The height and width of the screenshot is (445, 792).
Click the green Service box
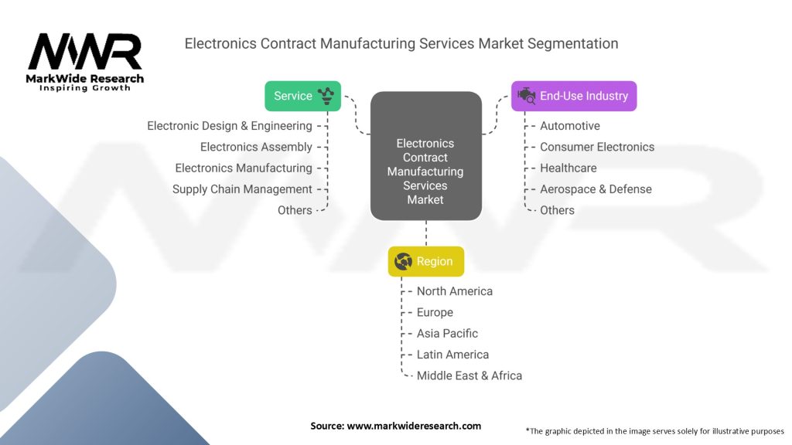[x=302, y=96]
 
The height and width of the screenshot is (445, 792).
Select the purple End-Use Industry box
[x=574, y=96]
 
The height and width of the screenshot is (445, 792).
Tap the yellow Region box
[x=426, y=261]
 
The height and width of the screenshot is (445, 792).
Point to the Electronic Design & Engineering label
[x=230, y=126]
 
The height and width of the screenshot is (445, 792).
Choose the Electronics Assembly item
[x=256, y=147]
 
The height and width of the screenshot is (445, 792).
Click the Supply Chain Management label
[x=242, y=189]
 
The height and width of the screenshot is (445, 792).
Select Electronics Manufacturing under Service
[x=244, y=168]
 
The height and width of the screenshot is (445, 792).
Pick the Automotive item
[x=569, y=126]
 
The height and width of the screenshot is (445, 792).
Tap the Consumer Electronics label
[x=597, y=147]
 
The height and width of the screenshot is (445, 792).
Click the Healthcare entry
[x=568, y=168]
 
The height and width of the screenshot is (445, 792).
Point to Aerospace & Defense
[x=596, y=189]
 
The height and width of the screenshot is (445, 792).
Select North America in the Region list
[x=455, y=291]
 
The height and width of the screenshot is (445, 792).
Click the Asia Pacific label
[x=447, y=334]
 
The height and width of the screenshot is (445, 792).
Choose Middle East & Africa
[x=469, y=375]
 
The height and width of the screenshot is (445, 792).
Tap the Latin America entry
[x=452, y=355]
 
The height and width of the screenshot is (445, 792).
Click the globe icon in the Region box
[x=403, y=261]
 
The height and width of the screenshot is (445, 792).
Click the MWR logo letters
[x=85, y=52]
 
